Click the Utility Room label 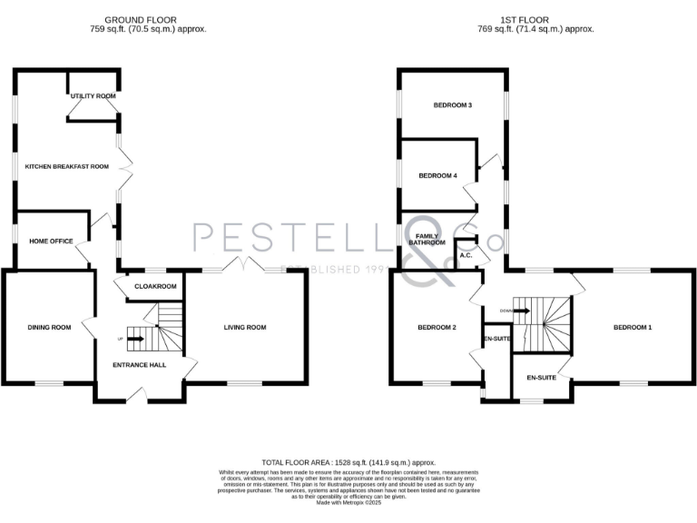(93, 96)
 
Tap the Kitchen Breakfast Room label (66, 167)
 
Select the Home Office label (51, 242)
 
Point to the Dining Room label (49, 328)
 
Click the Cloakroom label (154, 287)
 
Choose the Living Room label (245, 328)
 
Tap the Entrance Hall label (138, 365)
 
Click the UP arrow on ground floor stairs (134, 340)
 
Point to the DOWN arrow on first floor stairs (520, 311)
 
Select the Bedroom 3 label (452, 106)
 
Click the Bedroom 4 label (437, 176)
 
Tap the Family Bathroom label (427, 240)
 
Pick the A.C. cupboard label (466, 256)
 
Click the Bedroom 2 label (437, 328)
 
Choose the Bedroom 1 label (632, 328)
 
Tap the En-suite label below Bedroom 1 (541, 378)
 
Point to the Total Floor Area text (348, 462)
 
